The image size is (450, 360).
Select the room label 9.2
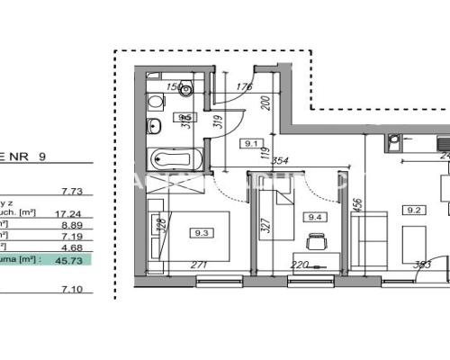[x=415, y=211]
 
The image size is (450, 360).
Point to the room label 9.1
[x=251, y=141]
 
